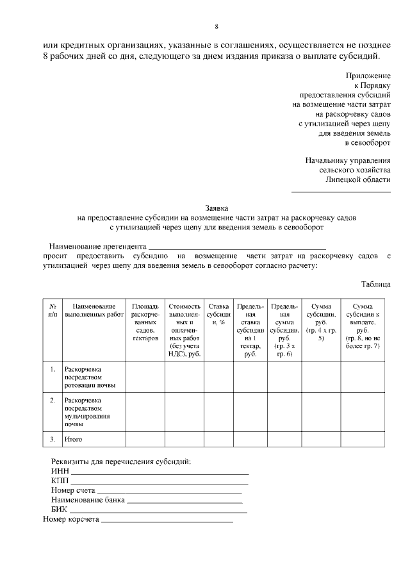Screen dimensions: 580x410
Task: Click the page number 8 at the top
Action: [x=217, y=26]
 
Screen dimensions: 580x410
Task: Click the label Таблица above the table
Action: [x=375, y=284]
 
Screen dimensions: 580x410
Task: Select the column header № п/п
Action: [x=53, y=311]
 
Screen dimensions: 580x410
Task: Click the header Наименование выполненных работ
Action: [x=94, y=311]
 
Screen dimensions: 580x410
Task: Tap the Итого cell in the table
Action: [x=72, y=440]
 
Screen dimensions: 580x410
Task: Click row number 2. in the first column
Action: [x=53, y=401]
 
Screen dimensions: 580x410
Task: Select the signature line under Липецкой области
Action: [x=341, y=191]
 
